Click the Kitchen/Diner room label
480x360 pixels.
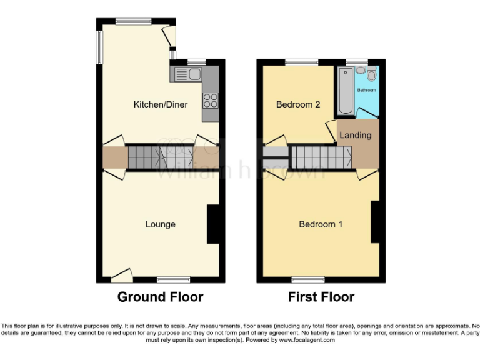(161, 104)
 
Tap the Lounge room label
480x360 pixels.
(161, 224)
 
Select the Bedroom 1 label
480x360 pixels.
(321, 224)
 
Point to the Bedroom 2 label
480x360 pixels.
(298, 104)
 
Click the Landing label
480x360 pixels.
(355, 135)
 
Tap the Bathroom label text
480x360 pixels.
(367, 90)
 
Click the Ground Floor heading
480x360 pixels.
(160, 297)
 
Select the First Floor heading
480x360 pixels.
(321, 297)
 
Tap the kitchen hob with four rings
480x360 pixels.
(211, 100)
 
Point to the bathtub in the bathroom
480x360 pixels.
(345, 91)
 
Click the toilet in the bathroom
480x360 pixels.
(371, 75)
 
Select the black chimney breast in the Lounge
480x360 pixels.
(213, 224)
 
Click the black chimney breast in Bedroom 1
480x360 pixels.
(375, 222)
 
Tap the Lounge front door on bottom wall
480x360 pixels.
(122, 275)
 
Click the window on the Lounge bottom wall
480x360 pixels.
(173, 279)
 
